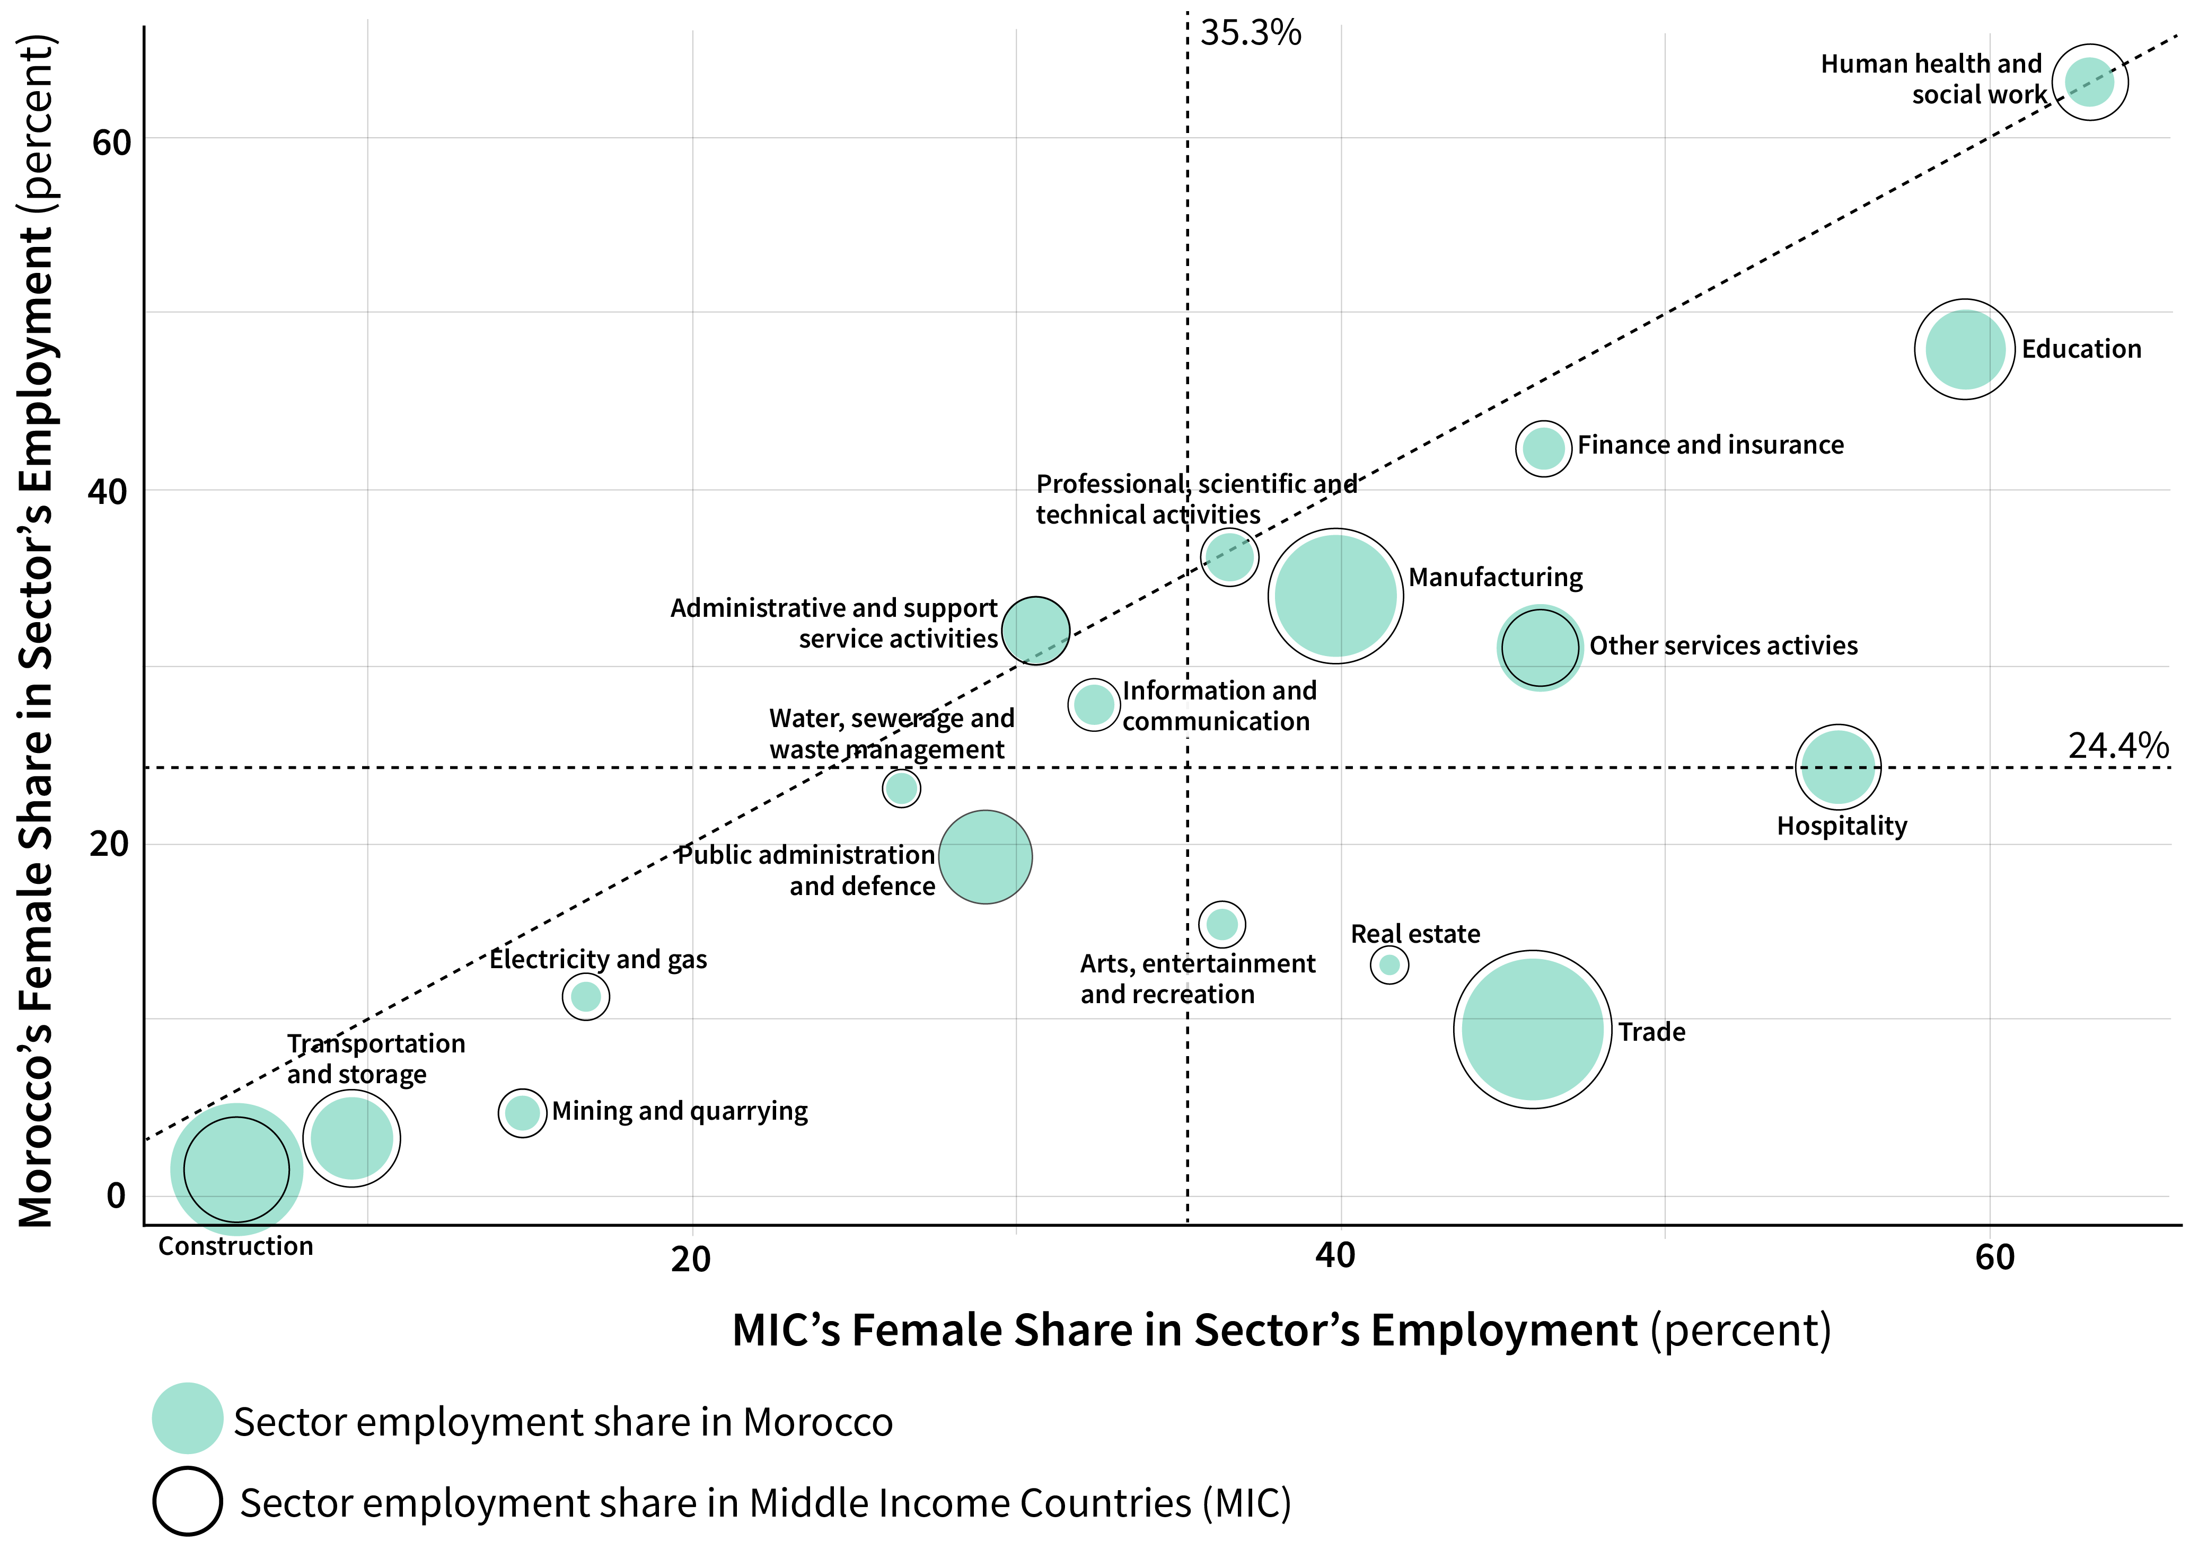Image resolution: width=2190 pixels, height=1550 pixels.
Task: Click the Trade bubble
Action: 1532,1029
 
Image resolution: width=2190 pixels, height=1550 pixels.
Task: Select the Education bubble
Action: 1965,349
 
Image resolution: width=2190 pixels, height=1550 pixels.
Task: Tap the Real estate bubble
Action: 1389,965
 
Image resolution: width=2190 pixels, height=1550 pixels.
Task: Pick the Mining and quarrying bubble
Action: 522,1113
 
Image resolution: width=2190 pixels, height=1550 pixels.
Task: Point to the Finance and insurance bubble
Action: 1543,448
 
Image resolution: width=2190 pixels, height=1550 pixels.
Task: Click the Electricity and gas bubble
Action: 585,996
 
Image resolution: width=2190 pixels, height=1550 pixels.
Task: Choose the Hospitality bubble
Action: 1838,767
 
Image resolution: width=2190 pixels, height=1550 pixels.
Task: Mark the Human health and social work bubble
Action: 2090,82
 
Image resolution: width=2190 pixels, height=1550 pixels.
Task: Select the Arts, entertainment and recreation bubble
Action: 1222,924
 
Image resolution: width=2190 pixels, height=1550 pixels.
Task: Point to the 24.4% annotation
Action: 2117,746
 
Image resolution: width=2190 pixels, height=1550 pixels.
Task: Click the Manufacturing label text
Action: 1495,578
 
